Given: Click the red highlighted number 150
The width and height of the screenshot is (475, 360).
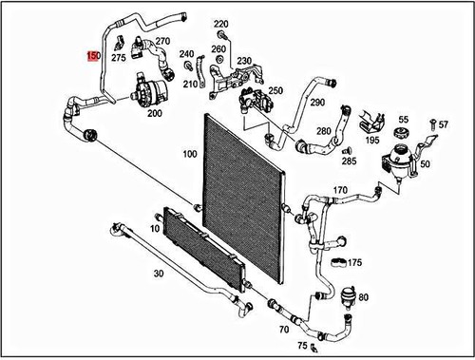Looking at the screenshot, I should point(93,56).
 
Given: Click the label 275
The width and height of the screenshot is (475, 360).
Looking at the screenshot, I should point(119,58).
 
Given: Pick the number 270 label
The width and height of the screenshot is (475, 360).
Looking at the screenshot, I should point(162,41).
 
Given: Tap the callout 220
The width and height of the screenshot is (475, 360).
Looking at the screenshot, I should point(221,23).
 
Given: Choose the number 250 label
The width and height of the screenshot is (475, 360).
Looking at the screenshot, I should point(276,90).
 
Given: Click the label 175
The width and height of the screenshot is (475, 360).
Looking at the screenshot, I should point(355,262).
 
